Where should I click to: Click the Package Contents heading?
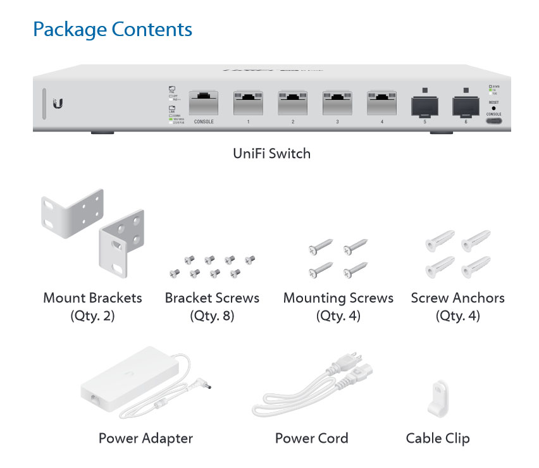[113, 29]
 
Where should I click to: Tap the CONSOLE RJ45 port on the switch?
[204, 102]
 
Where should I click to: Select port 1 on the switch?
[248, 102]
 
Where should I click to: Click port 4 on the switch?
[381, 102]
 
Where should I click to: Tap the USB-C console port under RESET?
[494, 119]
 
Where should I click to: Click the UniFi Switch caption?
[272, 153]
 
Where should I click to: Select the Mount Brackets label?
[92, 297]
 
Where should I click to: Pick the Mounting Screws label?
[338, 297]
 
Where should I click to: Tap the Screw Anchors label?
[457, 297]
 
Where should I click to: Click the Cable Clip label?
[438, 438]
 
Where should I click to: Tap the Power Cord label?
[311, 438]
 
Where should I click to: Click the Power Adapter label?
[146, 438]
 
